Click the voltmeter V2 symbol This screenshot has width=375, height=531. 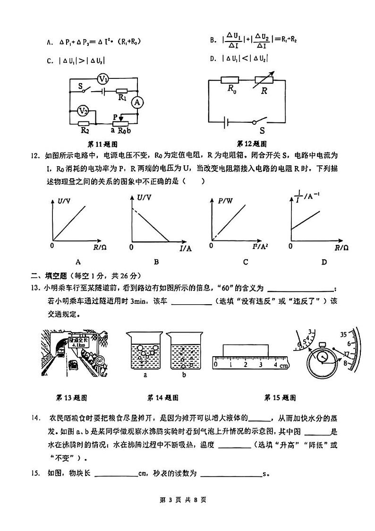(x=84, y=111)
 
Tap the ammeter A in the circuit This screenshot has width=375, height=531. (x=136, y=102)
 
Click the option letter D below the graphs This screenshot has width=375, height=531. (x=324, y=262)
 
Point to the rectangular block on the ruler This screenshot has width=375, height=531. (x=246, y=351)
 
